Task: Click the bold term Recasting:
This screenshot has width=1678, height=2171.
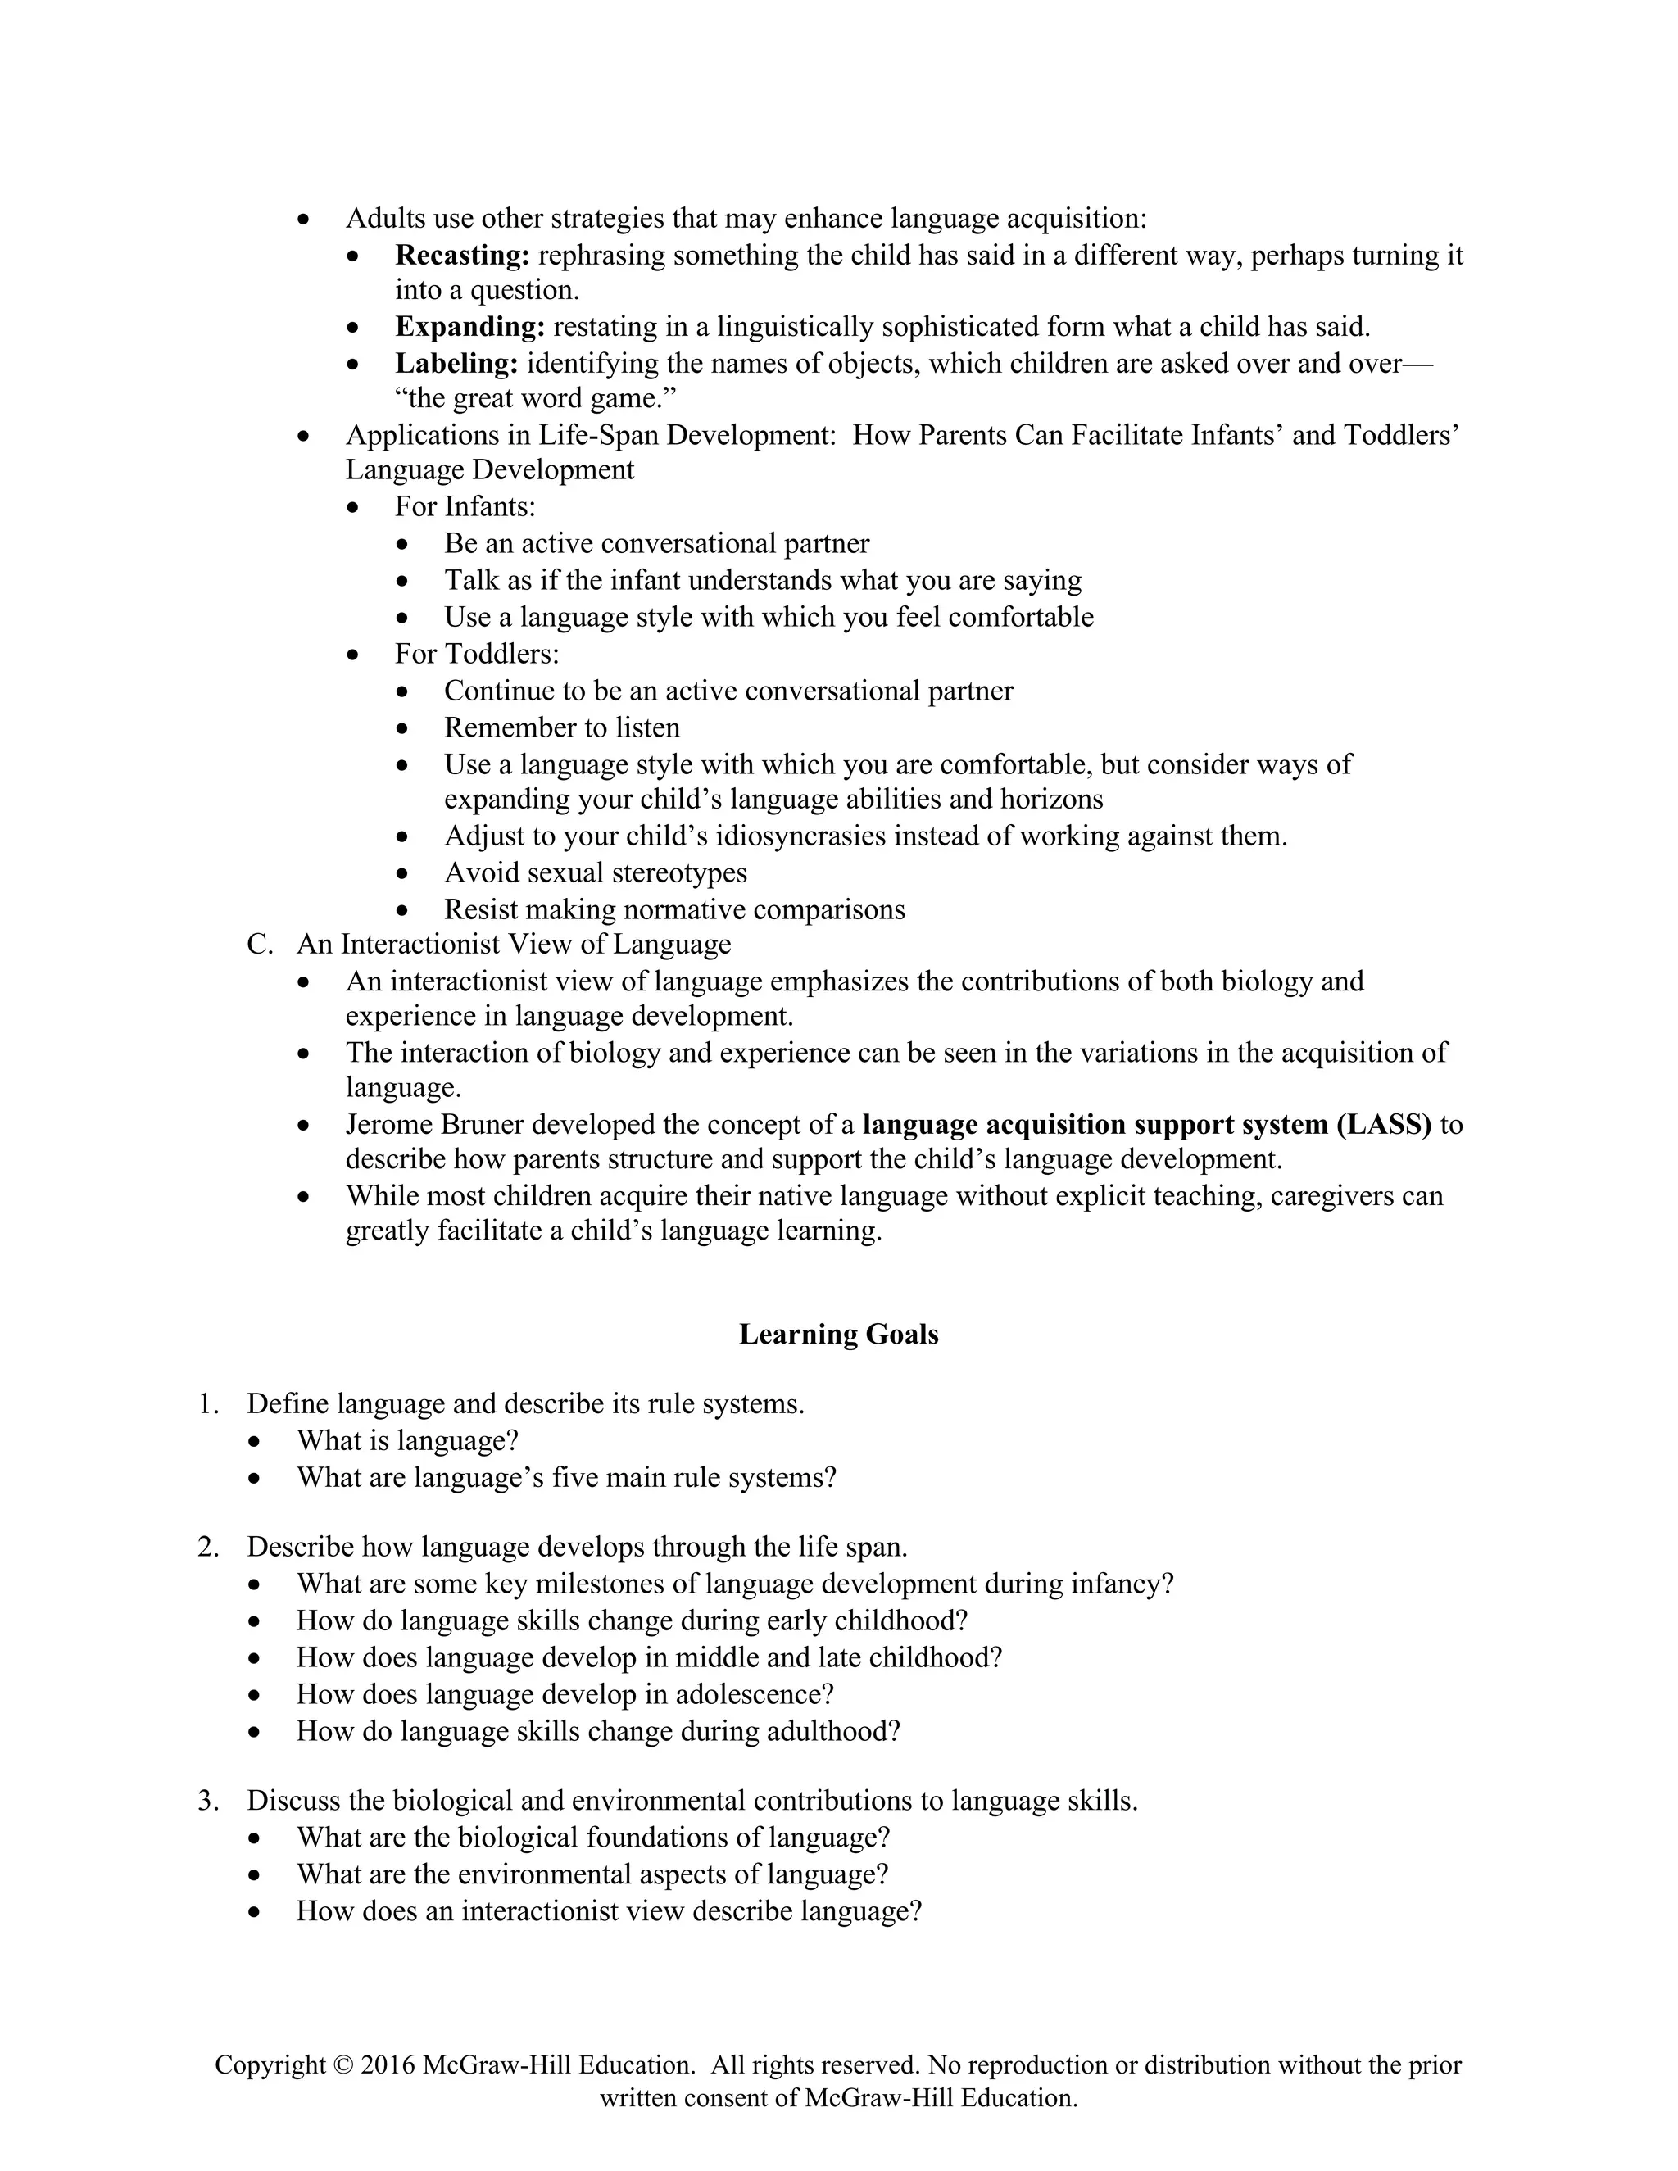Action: coord(462,256)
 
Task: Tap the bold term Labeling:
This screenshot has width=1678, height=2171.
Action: coord(456,364)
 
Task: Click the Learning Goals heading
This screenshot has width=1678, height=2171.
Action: coord(838,1334)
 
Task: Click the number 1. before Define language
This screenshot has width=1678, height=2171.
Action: coord(208,1403)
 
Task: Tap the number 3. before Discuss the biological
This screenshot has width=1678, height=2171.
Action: coord(208,1800)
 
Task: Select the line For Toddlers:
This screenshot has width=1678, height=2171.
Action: coord(476,654)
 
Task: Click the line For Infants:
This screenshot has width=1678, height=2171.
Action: coord(465,507)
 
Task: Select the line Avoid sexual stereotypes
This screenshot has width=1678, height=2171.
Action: coord(595,872)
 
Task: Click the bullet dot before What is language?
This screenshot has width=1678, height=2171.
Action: coord(256,1441)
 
